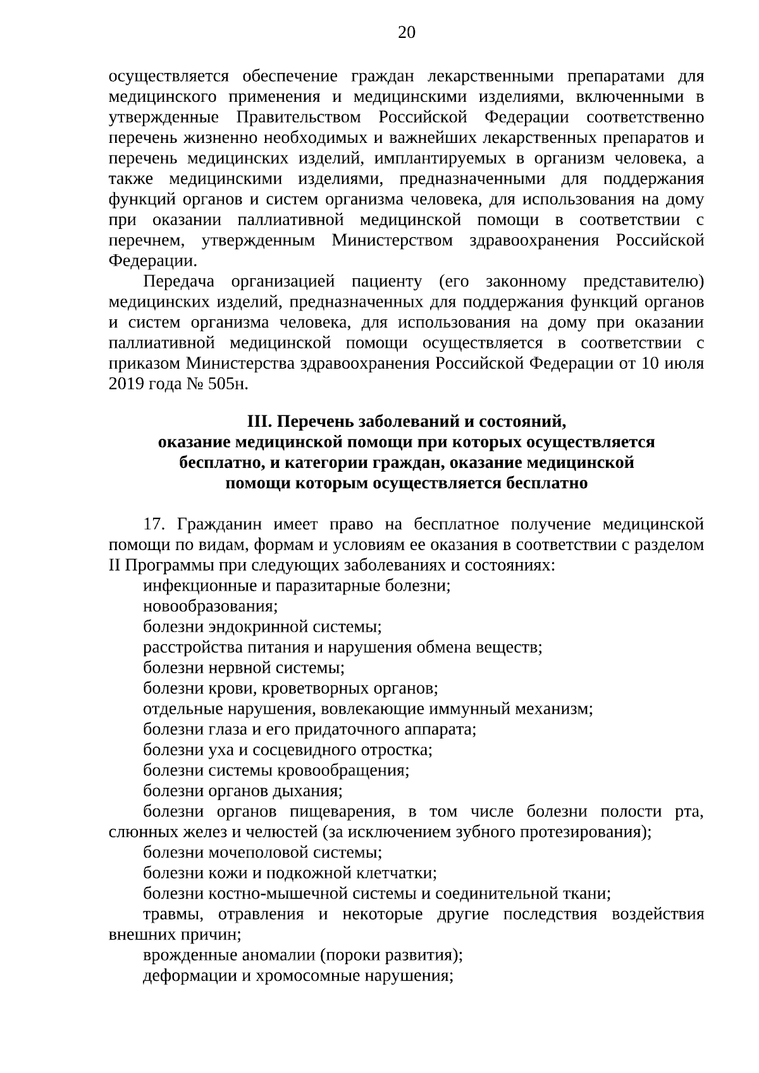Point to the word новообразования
pos(210,606)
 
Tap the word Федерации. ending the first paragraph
pos(152,261)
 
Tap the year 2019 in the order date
pos(126,385)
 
